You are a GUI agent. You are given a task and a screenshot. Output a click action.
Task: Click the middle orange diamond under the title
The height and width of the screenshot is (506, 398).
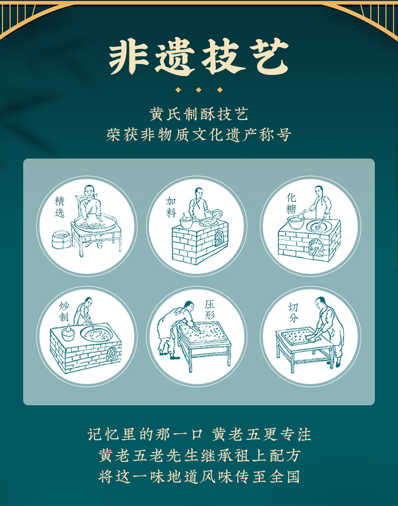pyautogui.click(x=198, y=90)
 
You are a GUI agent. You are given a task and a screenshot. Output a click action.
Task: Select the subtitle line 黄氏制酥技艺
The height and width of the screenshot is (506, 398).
pyautogui.click(x=198, y=114)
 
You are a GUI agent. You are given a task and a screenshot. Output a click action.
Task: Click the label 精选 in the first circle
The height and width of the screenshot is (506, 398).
pyautogui.click(x=60, y=207)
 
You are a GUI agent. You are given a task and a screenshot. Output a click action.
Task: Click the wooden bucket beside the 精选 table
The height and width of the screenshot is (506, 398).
pyautogui.click(x=61, y=239)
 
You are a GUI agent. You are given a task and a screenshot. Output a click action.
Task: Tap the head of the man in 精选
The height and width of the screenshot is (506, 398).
pyautogui.click(x=89, y=191)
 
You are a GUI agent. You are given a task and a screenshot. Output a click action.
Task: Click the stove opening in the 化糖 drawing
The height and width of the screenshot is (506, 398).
pyautogui.click(x=316, y=247)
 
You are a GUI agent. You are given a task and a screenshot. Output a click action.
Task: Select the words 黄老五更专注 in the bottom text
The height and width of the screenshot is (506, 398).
pyautogui.click(x=261, y=434)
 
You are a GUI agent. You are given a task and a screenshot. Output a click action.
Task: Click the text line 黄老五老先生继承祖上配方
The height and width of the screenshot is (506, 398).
pyautogui.click(x=199, y=455)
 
